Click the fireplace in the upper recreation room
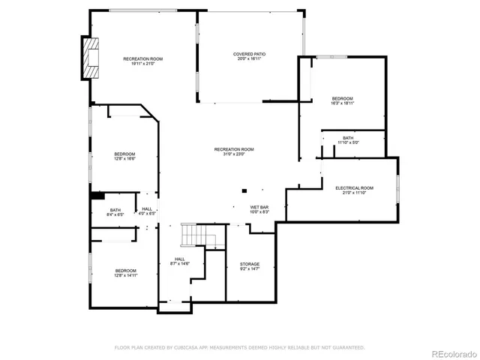click(91, 58)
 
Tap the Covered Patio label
click(249, 54)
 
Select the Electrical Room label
click(354, 187)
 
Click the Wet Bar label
click(259, 206)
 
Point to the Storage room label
click(250, 264)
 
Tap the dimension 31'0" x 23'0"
click(234, 154)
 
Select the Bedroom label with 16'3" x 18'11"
click(343, 99)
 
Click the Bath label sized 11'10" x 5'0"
click(348, 137)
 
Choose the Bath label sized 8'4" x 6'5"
click(115, 210)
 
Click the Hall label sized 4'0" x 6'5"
click(147, 209)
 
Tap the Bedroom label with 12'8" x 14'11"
click(125, 270)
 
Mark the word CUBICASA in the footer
click(176, 347)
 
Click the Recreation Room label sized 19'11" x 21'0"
click(142, 58)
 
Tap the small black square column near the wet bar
click(244, 190)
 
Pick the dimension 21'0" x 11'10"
click(354, 193)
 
